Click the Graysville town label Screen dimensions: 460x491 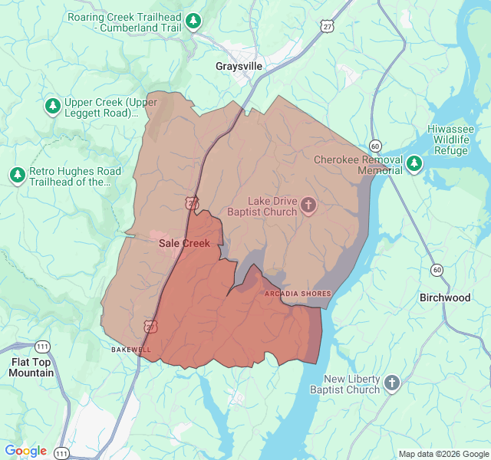[x=239, y=67]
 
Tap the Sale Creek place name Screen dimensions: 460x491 [x=184, y=243]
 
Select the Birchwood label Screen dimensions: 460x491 [x=445, y=297]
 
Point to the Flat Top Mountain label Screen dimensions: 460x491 [x=31, y=367]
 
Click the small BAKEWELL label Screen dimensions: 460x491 [x=126, y=350]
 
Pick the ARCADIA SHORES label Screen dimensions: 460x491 [x=298, y=294]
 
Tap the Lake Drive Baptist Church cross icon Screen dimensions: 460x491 [x=308, y=205]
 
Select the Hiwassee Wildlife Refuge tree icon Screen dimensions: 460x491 [x=414, y=163]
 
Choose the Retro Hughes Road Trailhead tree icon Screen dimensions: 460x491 [x=17, y=176]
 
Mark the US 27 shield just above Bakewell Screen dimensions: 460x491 [x=150, y=326]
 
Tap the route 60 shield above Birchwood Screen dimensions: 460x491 [x=437, y=269]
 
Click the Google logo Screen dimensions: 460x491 [x=25, y=451]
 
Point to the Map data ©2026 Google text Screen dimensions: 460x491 [x=443, y=454]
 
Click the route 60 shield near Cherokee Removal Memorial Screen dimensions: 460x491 [x=375, y=145]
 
